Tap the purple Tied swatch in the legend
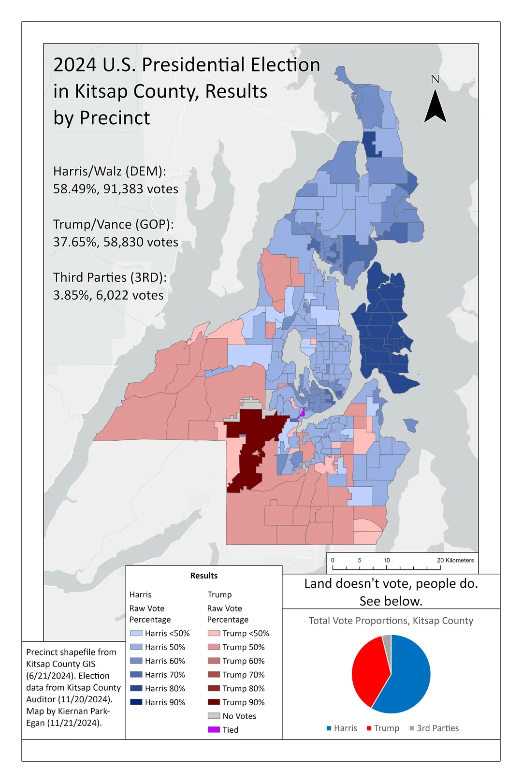214,730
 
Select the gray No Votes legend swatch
214,716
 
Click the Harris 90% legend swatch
136,702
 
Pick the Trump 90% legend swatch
214,702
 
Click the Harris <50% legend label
167,633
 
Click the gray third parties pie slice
387,643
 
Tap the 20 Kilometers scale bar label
455,560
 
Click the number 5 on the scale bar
360,560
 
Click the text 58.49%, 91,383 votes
116,189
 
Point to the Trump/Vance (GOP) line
113,224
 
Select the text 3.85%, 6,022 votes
108,295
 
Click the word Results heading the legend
203,576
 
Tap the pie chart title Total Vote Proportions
391,621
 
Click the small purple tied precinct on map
302,412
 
